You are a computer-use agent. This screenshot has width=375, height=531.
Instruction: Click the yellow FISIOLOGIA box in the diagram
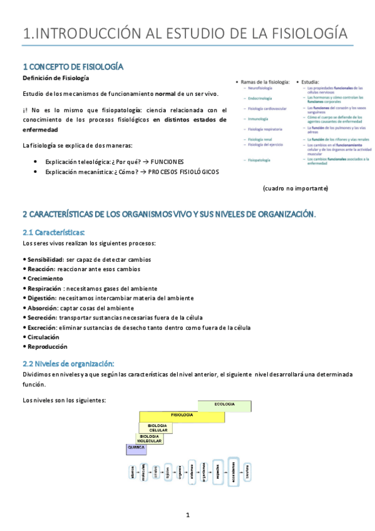[182, 415]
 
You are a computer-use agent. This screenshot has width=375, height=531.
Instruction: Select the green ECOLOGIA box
[224, 405]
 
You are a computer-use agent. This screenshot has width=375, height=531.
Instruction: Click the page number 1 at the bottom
[187, 515]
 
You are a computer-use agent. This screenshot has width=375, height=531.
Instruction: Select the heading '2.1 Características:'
[53, 233]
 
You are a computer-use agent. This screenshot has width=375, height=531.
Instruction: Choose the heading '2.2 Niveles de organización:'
[68, 363]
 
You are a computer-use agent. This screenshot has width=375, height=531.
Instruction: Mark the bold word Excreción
[40, 327]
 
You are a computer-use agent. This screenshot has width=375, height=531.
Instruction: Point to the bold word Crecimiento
[44, 279]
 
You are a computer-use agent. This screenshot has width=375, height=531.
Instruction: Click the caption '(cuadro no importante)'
[295, 188]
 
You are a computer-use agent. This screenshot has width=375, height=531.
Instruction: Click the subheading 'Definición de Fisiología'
[55, 78]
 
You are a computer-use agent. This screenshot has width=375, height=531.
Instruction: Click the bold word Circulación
[43, 337]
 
